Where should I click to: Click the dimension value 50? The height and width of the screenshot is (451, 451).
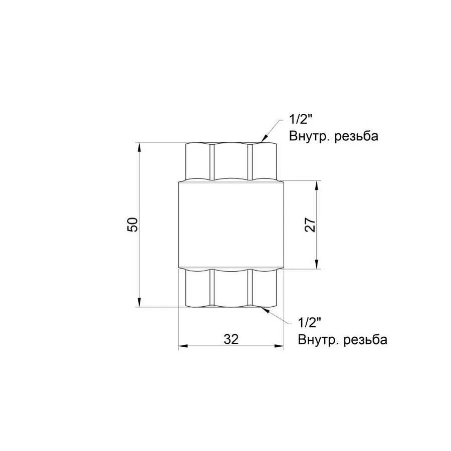133,225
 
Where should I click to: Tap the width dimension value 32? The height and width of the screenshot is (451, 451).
231,339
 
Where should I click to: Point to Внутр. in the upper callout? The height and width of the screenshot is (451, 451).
307,136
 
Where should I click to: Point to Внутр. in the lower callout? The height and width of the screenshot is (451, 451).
316,340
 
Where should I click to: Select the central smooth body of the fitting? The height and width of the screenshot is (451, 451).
231,225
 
